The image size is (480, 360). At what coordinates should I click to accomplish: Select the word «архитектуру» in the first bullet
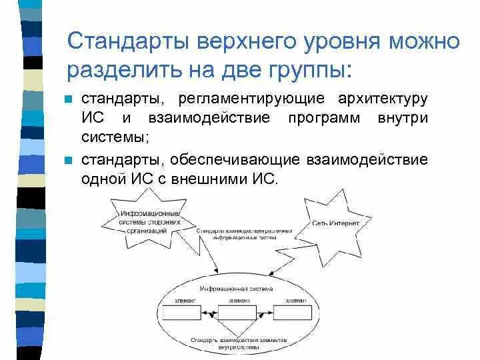coord(382,99)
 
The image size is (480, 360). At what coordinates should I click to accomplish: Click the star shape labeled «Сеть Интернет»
coord(335,223)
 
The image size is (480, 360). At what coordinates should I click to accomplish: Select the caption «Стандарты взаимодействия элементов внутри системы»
coord(238,343)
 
